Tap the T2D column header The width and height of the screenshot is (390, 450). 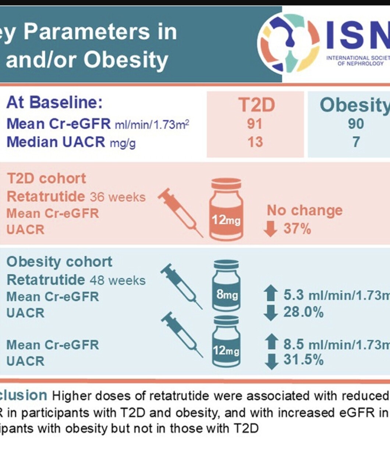tap(256, 105)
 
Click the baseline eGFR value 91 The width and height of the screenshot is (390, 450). tap(255, 124)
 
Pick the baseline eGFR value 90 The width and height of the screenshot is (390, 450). tap(355, 124)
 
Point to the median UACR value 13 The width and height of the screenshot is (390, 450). tap(255, 142)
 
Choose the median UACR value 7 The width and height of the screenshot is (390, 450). tap(355, 142)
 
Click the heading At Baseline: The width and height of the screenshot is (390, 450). tap(54, 103)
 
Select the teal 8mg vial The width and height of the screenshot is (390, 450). tap(226, 285)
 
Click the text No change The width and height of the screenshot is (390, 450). tap(305, 211)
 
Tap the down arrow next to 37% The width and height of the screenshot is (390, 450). tap(271, 229)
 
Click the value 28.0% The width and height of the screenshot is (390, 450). tap(304, 312)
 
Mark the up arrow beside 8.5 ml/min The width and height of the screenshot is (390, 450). tap(271, 343)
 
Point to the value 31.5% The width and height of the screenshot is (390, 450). tap(304, 360)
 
